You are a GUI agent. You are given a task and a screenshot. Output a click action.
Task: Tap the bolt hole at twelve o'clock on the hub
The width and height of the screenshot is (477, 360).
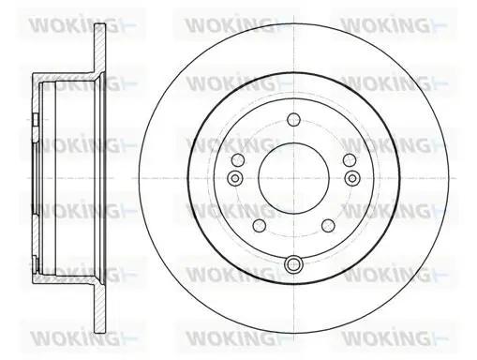293,119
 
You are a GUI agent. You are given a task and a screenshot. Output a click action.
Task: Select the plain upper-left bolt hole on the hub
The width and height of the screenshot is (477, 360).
237,160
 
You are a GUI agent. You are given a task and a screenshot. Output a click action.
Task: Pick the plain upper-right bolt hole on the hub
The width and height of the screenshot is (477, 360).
350,160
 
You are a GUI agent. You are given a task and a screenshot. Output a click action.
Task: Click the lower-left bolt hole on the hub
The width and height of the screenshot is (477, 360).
259,226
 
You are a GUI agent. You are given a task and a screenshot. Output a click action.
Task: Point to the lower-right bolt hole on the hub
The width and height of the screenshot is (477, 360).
328,226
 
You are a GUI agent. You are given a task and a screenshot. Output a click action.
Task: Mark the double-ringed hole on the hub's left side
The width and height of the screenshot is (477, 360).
234,178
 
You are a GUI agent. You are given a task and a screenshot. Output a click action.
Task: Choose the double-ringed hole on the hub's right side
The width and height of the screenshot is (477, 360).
352,178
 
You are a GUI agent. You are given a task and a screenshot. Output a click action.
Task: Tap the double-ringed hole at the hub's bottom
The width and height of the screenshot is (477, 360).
293,264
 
